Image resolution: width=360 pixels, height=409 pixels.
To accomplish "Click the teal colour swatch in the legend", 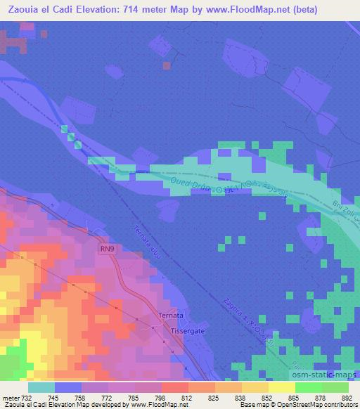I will click(41, 387).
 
